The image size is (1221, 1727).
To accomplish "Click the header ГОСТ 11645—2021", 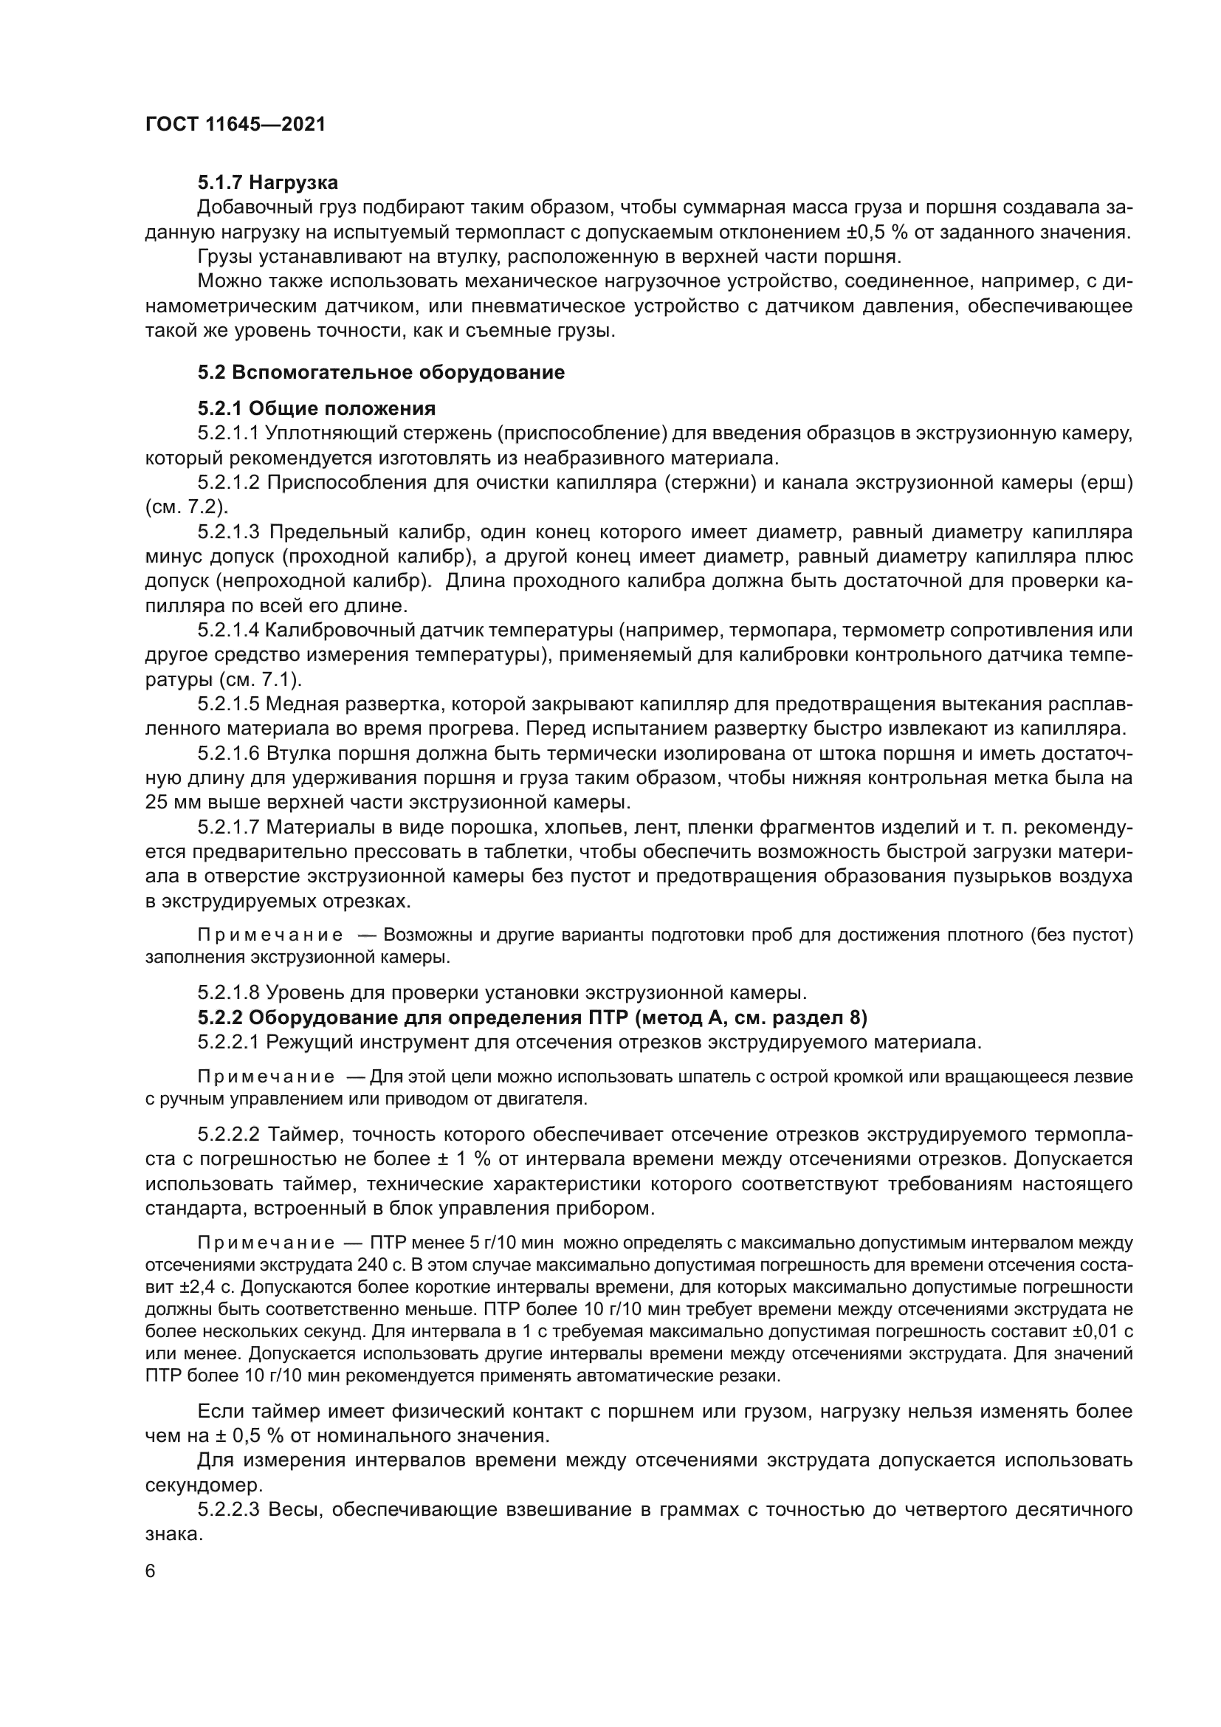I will pos(235,124).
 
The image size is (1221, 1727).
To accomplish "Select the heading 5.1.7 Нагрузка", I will pos(268,183).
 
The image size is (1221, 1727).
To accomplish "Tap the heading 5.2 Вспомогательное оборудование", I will pos(381,372).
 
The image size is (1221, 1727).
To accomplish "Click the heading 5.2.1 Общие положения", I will pos(317,408).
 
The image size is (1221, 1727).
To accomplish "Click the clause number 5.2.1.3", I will pos(228,532).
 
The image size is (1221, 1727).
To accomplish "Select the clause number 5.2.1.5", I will pos(228,705).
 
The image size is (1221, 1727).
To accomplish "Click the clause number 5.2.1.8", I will pos(228,994).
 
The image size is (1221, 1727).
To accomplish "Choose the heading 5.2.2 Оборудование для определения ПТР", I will pos(532,1018).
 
